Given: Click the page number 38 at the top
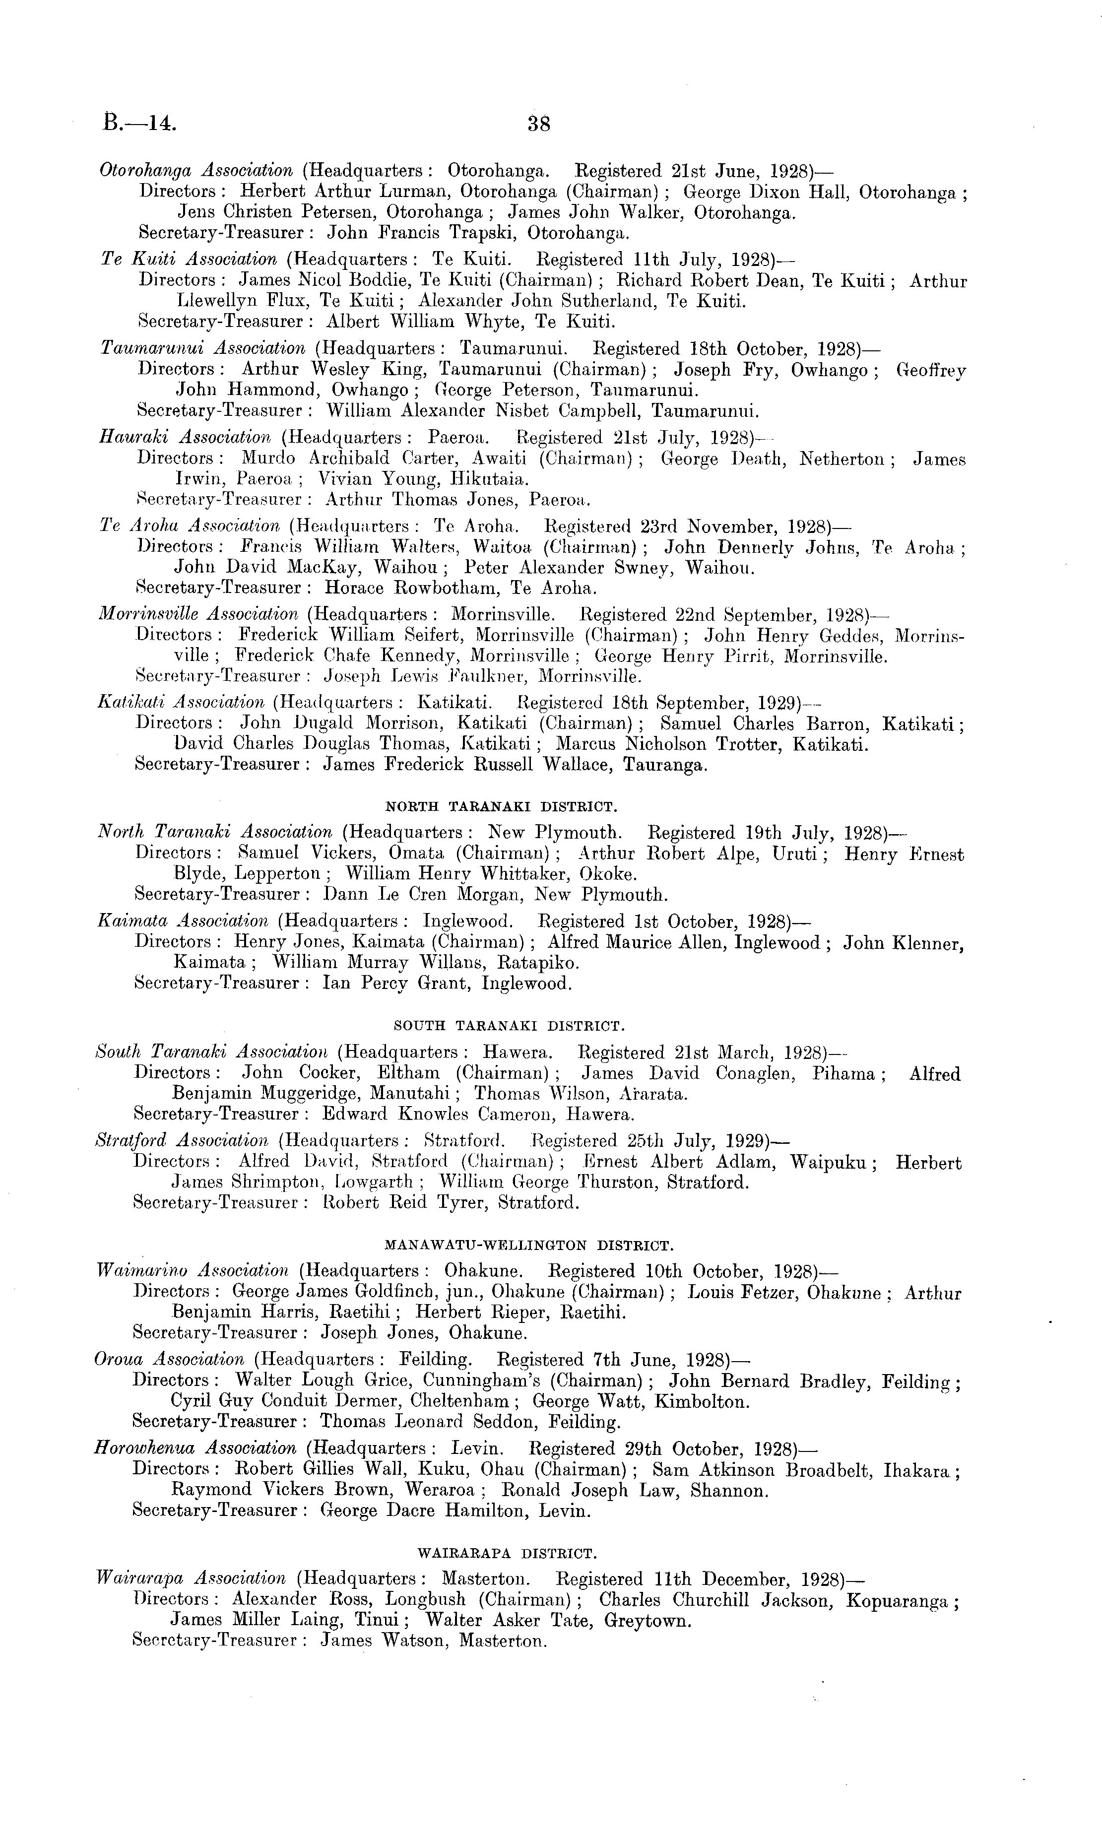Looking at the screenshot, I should click(538, 123).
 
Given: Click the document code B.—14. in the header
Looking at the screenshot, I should click(139, 122).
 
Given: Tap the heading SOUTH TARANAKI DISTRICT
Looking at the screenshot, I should click(509, 1026).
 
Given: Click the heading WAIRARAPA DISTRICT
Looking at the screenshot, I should click(509, 1553).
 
